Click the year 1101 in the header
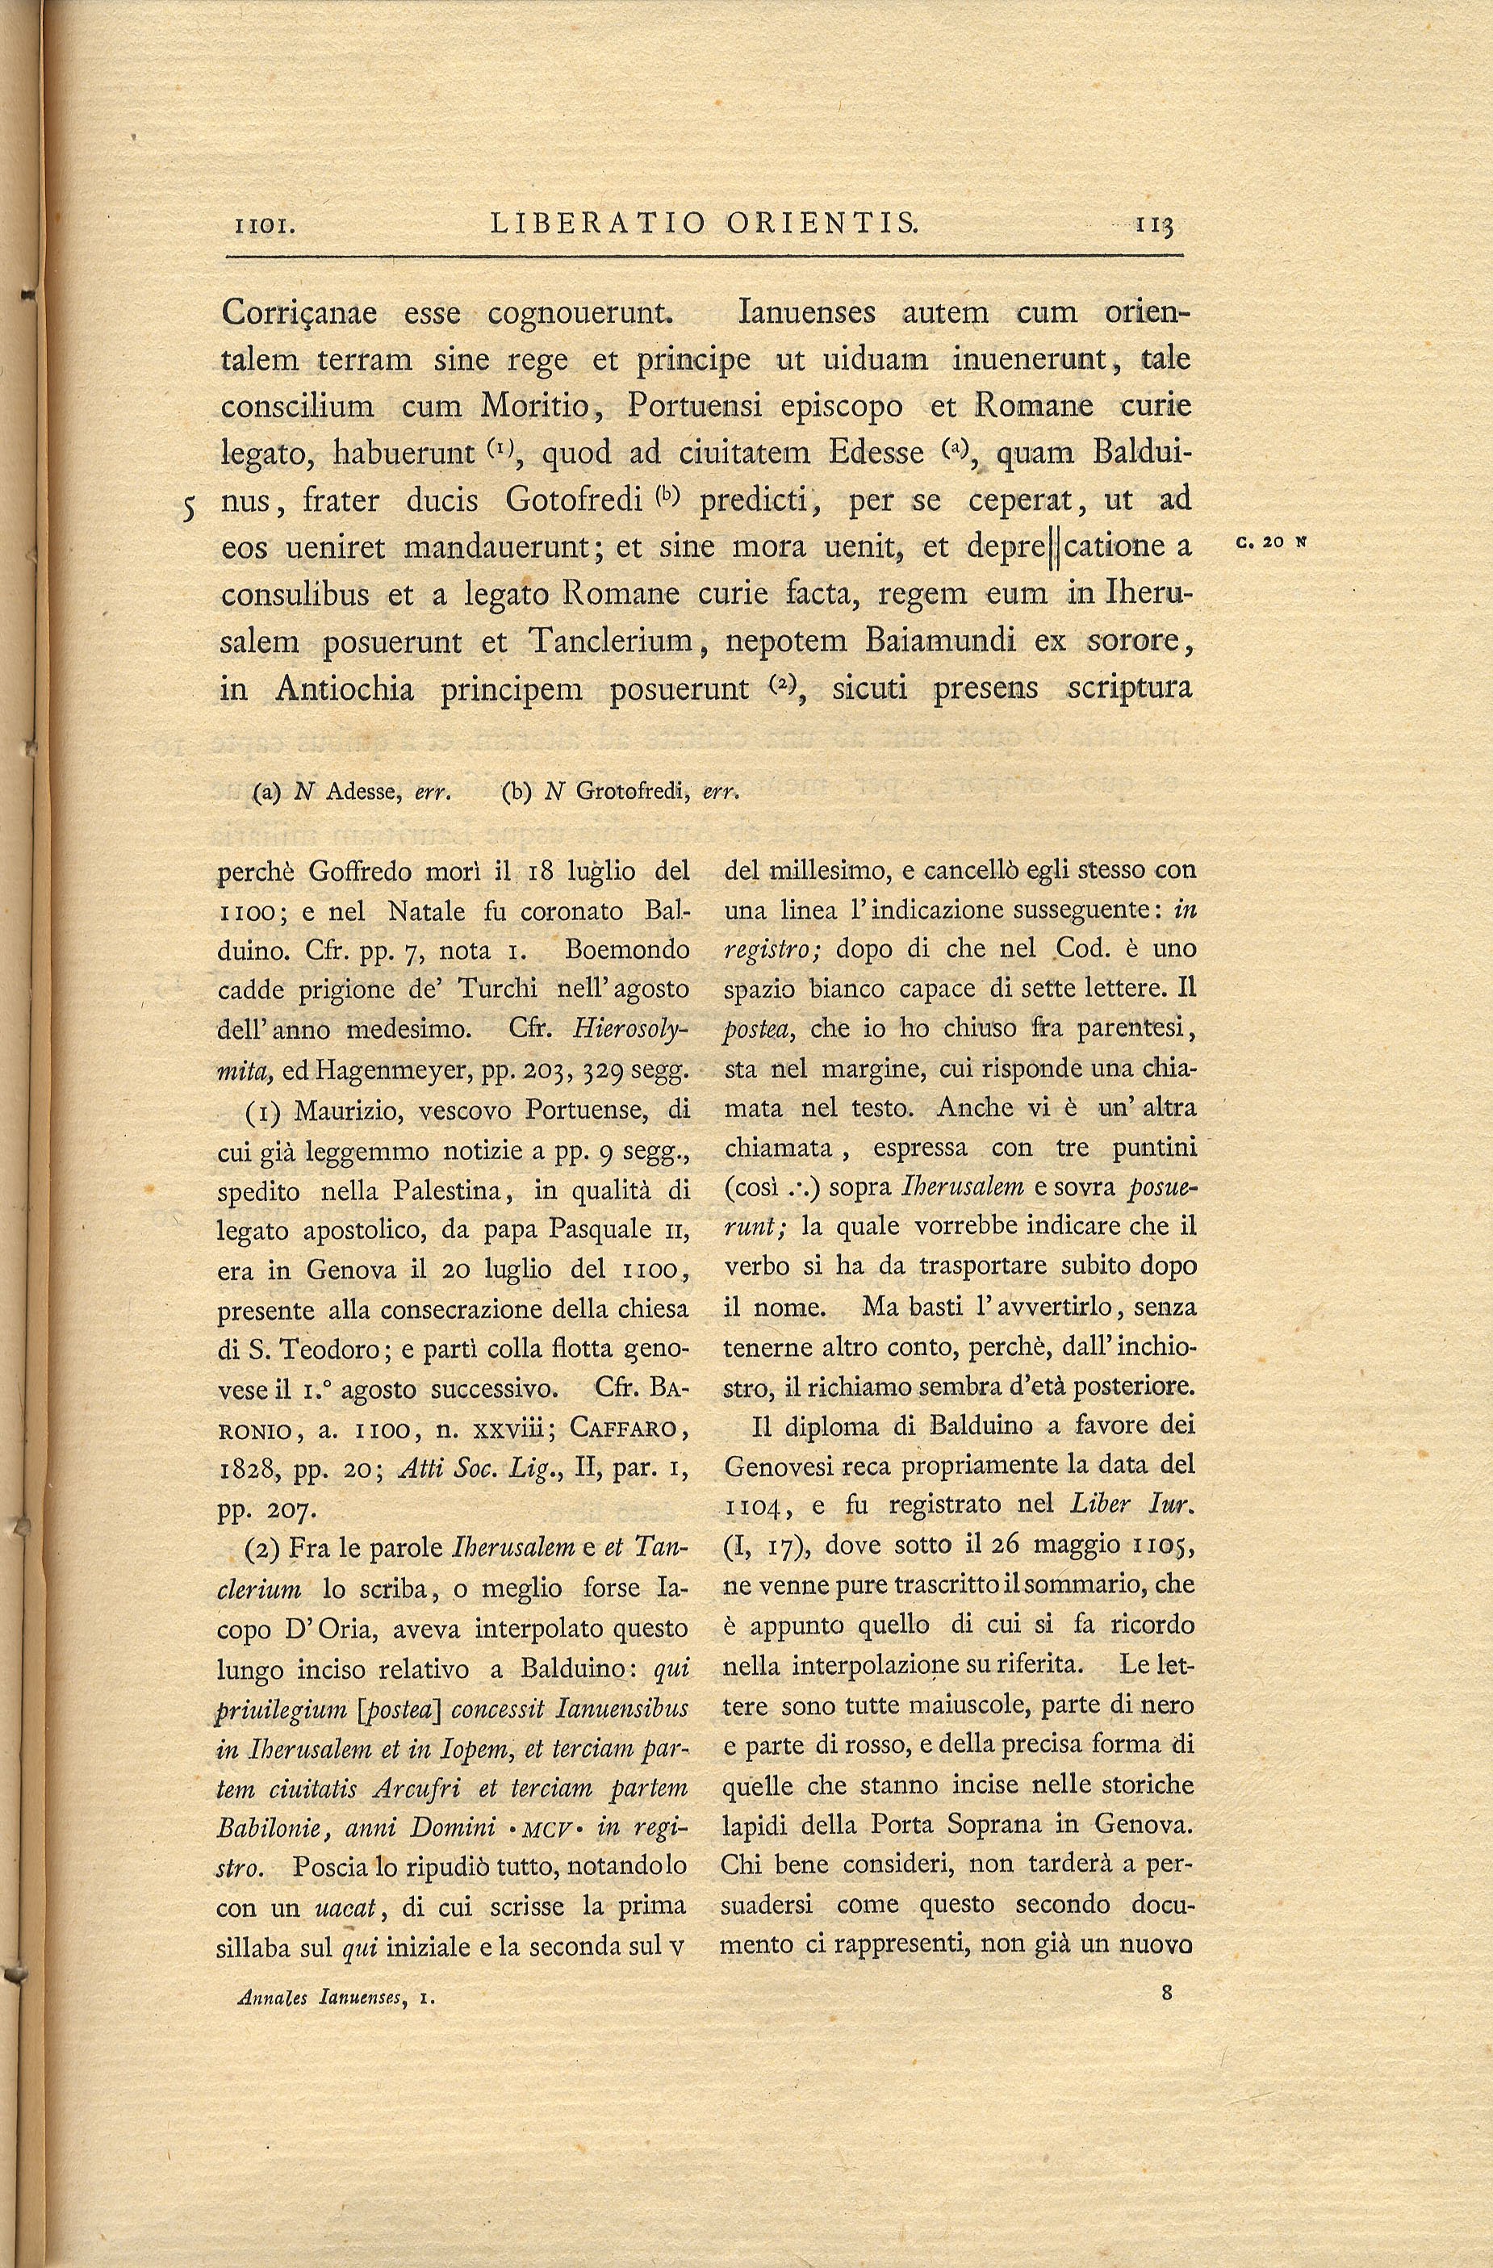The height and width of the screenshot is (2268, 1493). (268, 226)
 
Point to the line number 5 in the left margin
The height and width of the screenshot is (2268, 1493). (190, 508)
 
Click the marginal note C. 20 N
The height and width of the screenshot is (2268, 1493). (1271, 542)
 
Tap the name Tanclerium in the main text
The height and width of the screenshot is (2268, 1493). (610, 642)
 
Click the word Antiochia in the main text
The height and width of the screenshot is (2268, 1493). (344, 688)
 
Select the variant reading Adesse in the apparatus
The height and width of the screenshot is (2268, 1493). (358, 792)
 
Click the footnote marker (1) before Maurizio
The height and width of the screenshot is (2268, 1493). (263, 1111)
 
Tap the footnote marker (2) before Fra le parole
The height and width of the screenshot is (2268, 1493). (263, 1549)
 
